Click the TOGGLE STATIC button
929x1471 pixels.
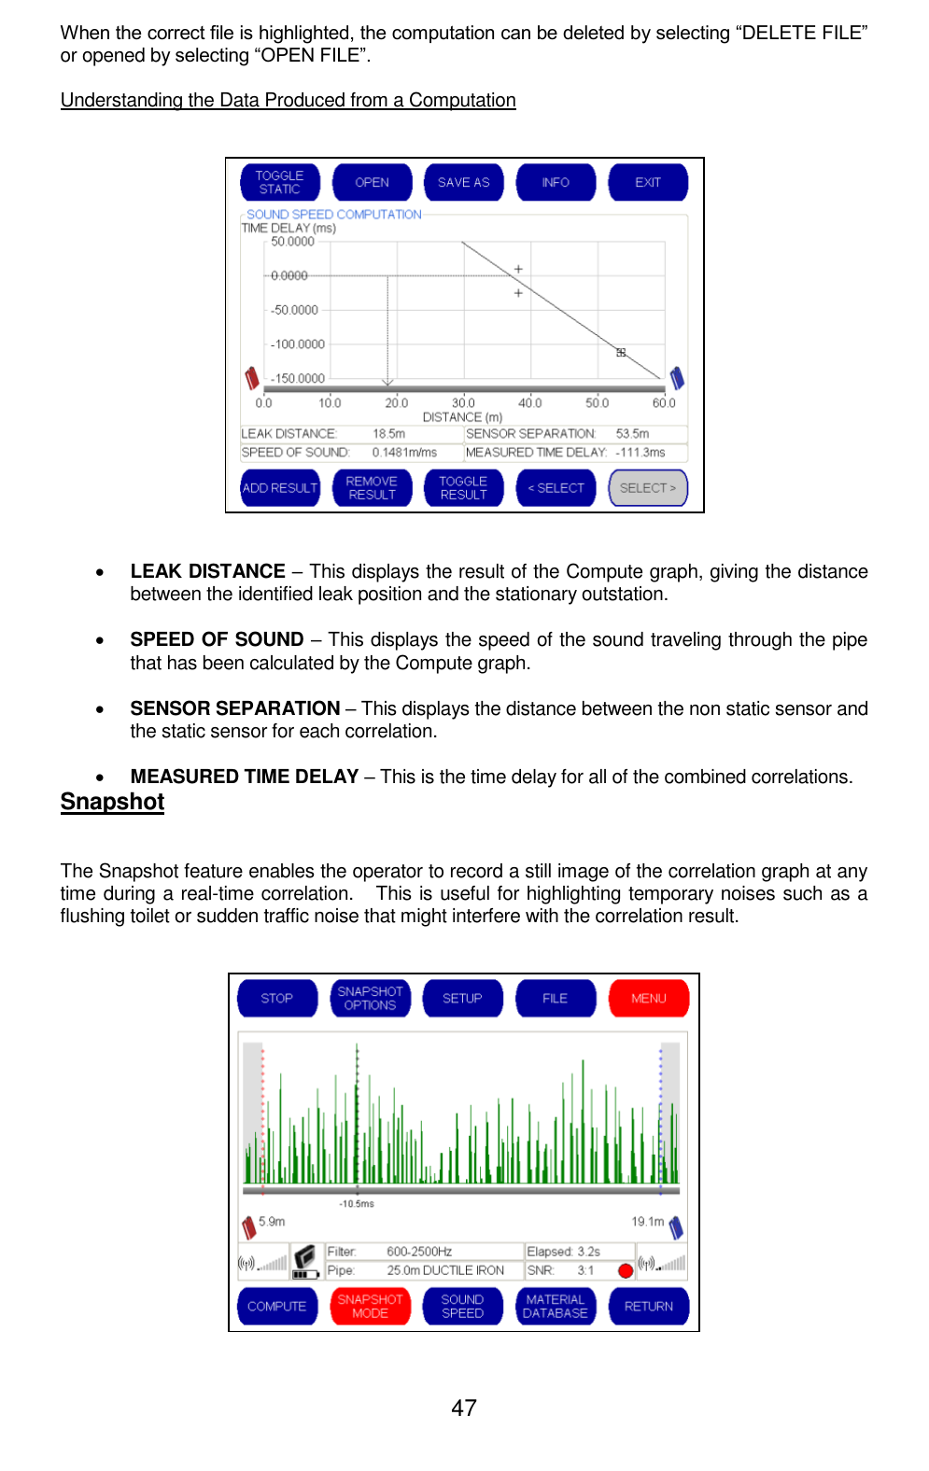click(x=279, y=182)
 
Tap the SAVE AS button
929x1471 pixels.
click(x=463, y=182)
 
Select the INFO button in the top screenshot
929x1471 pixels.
click(x=556, y=182)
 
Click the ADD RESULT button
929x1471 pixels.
click(x=280, y=488)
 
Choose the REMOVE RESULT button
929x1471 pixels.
click(x=372, y=488)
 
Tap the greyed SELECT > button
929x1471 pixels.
click(x=648, y=488)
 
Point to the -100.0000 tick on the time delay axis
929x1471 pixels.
click(x=298, y=344)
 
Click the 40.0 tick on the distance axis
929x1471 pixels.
click(x=530, y=403)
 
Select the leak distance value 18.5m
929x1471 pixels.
click(x=389, y=434)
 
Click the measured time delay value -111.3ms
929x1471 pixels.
click(x=640, y=453)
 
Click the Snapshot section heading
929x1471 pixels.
click(x=112, y=802)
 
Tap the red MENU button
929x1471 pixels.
click(x=649, y=998)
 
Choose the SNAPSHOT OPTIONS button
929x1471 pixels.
click(x=370, y=998)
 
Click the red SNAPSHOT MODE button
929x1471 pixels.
click(x=370, y=1306)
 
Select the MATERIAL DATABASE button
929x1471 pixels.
click(x=556, y=1306)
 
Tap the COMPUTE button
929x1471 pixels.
click(x=277, y=1306)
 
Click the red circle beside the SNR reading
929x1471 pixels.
click(x=626, y=1270)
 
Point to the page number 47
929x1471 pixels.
click(x=464, y=1408)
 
